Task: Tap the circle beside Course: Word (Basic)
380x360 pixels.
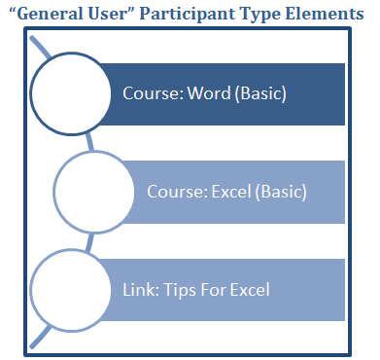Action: [x=71, y=95]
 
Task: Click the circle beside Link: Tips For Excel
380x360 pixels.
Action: [x=71, y=288]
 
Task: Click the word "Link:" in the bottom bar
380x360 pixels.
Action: [x=140, y=289]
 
